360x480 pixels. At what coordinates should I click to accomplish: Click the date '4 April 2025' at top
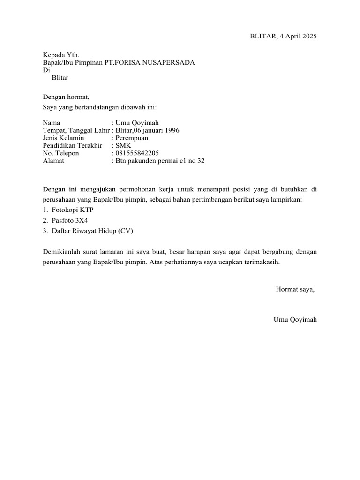coord(297,37)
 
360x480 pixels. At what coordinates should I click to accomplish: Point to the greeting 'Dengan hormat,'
coord(66,97)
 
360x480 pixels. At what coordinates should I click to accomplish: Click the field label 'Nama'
coord(52,123)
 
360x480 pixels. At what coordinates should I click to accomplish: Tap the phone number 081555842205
coord(137,153)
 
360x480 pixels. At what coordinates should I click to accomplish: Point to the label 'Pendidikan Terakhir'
coord(72,145)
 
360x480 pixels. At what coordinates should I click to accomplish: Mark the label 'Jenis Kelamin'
coord(63,138)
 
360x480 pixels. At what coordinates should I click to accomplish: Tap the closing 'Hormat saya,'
coord(295,289)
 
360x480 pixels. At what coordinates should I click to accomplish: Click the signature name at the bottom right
coord(295,320)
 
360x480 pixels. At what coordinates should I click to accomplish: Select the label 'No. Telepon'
coord(61,153)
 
